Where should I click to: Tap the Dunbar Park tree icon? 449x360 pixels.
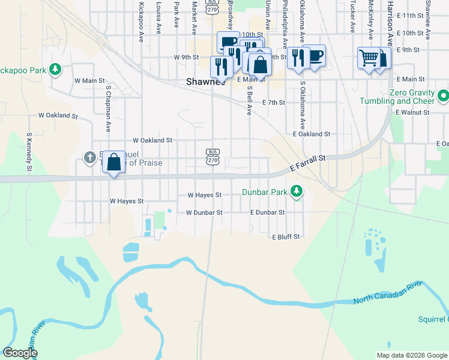(295, 192)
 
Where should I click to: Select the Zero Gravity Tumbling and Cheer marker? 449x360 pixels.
(443, 95)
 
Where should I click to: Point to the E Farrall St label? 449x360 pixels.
(307, 163)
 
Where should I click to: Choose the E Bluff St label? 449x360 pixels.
(286, 237)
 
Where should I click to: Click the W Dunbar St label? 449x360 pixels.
(204, 212)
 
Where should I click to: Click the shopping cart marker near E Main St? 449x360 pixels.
(368, 58)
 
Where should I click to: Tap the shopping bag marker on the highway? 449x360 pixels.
(113, 161)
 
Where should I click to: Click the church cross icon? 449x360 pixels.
(89, 158)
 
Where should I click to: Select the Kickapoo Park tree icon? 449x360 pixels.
(55, 70)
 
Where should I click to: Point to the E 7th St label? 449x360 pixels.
(274, 103)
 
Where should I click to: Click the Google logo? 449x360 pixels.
(20, 353)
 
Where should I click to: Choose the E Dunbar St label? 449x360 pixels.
(267, 212)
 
